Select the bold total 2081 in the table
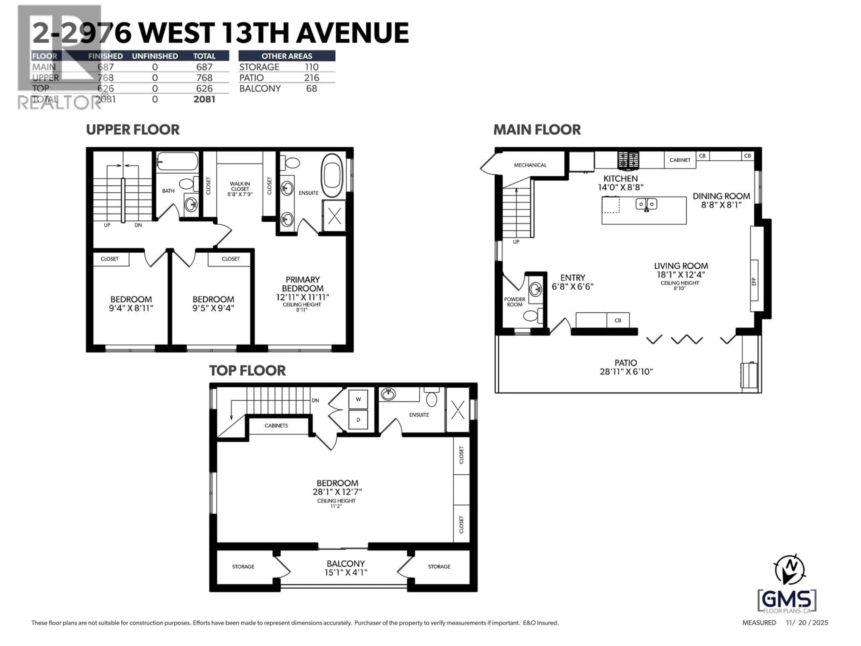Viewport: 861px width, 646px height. coord(204,99)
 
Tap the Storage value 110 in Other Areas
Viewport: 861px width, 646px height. coord(311,67)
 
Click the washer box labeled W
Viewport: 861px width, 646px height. coord(358,399)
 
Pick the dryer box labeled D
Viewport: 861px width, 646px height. coord(358,419)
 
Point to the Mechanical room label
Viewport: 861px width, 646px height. coord(530,165)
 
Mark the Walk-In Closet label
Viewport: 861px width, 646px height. coord(240,188)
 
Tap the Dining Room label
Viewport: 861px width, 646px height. coord(721,196)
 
